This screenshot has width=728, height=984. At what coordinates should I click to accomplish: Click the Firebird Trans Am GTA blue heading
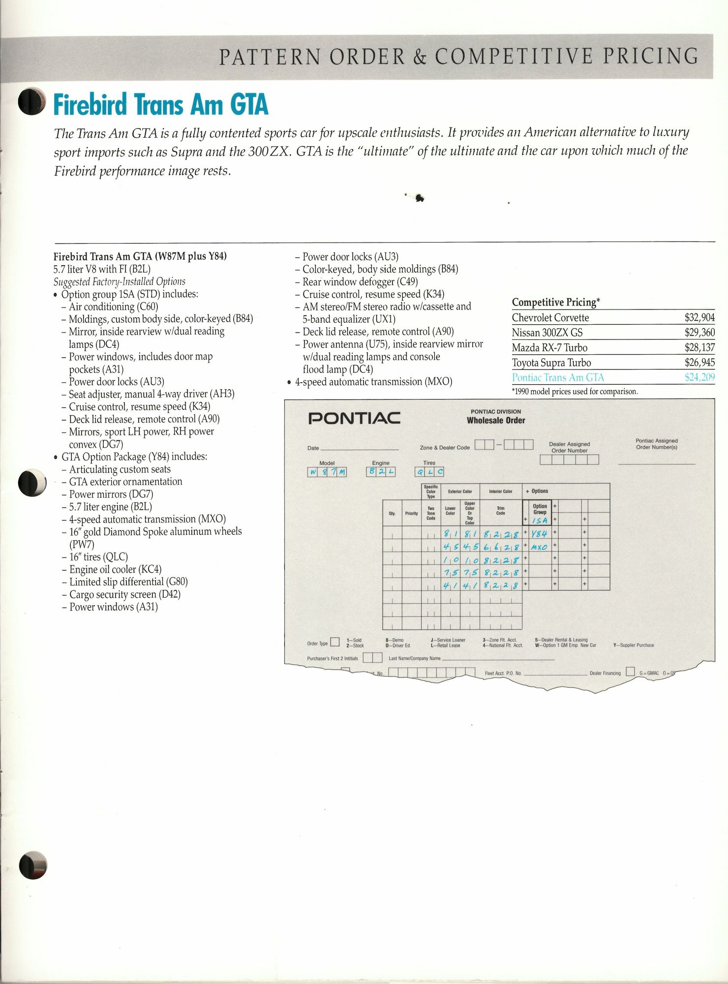pos(161,105)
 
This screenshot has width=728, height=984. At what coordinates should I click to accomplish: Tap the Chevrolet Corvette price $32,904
pos(699,318)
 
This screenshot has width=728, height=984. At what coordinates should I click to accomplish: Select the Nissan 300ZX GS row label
pos(547,333)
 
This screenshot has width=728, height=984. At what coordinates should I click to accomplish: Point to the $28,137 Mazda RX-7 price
pos(699,348)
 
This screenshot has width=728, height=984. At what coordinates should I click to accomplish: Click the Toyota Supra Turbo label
pos(551,363)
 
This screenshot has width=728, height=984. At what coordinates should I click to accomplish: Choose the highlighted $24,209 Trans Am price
pos(699,378)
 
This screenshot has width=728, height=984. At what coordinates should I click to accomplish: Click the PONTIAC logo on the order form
pos(354,419)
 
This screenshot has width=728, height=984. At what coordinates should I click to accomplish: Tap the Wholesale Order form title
pos(496,421)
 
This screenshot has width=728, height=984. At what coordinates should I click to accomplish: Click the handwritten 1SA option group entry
pos(539,520)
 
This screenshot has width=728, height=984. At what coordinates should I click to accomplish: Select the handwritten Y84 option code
pos(539,533)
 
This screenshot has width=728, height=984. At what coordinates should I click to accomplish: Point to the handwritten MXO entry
pos(539,546)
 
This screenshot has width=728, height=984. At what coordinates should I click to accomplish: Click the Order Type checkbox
pos(335,642)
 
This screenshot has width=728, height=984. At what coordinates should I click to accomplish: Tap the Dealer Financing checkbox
pos(630,673)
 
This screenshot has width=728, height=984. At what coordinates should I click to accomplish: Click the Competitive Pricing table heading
pos(556,302)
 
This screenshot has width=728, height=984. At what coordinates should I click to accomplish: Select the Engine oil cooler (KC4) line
pos(115,570)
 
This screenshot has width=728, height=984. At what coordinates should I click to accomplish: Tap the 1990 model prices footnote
pos(575,392)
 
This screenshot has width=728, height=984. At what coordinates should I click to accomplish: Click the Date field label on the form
pos(313,448)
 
